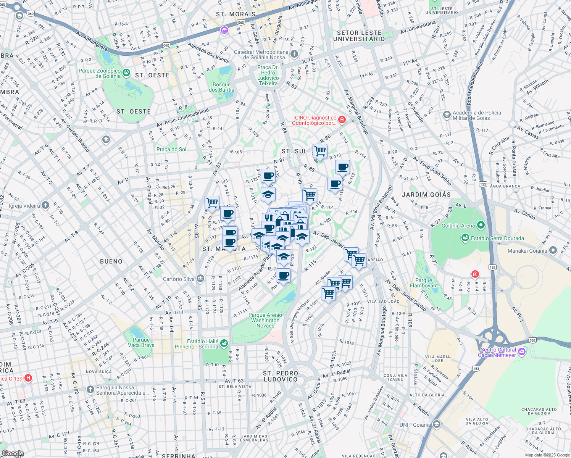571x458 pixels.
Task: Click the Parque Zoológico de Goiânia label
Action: tap(99, 73)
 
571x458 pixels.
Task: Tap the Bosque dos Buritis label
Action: tap(221, 87)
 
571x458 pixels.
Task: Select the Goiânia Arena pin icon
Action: tap(481, 226)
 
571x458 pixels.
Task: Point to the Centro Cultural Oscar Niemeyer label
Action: tap(498, 352)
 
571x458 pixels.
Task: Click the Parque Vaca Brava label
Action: tap(141, 342)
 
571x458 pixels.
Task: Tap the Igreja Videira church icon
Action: tap(45, 206)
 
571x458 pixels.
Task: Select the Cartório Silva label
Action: tap(179, 279)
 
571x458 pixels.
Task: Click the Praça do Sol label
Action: tap(171, 149)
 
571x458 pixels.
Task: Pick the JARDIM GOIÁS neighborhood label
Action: tap(426, 195)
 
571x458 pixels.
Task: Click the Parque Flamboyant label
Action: tap(424, 283)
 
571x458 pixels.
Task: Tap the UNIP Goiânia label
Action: tap(415, 425)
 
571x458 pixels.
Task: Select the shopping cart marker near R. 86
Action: tap(320, 151)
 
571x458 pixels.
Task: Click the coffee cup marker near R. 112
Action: tap(342, 167)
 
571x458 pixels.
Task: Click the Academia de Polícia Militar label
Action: tap(477, 115)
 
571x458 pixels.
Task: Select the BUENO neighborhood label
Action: tap(111, 261)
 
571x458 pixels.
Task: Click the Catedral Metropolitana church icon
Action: tap(294, 54)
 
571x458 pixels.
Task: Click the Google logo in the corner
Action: tap(12, 453)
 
